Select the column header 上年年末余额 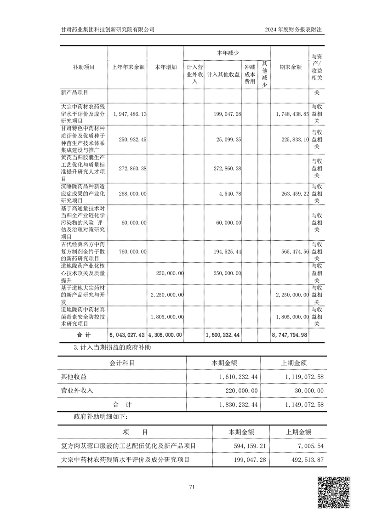pyautogui.click(x=128, y=67)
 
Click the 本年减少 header pyautogui.click(x=227, y=53)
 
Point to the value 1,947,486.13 pyautogui.click(x=129, y=113)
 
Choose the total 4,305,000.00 pyautogui.click(x=166, y=335)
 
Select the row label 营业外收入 pyautogui.click(x=77, y=391)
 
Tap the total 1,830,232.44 pyautogui.click(x=234, y=404)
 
